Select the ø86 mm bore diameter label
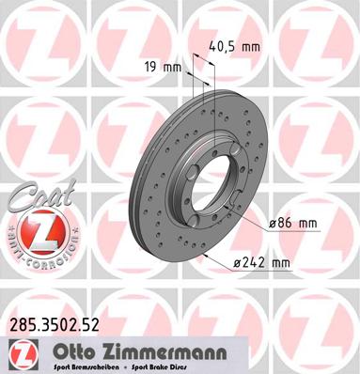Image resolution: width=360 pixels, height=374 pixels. click(x=294, y=223)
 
